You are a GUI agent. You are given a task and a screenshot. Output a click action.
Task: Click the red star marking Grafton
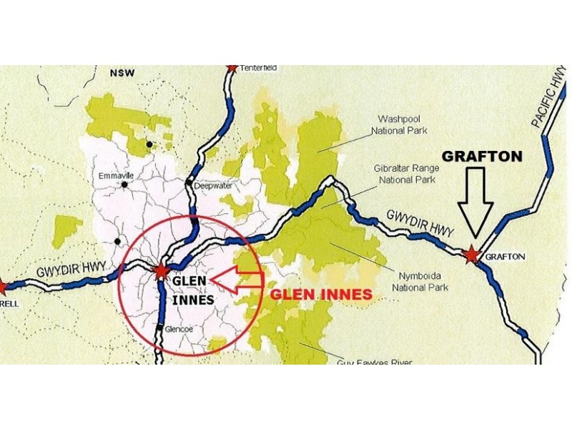[471, 255]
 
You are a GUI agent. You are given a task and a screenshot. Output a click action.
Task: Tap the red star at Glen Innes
[162, 271]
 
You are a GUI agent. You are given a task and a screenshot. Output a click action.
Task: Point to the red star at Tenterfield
[232, 67]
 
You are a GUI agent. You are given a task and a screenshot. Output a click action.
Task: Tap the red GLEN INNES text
[321, 294]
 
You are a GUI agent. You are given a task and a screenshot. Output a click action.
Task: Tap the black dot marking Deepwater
[189, 184]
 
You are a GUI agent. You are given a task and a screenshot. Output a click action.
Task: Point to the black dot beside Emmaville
[124, 184]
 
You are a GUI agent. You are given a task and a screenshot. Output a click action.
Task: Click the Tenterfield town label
[260, 68]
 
